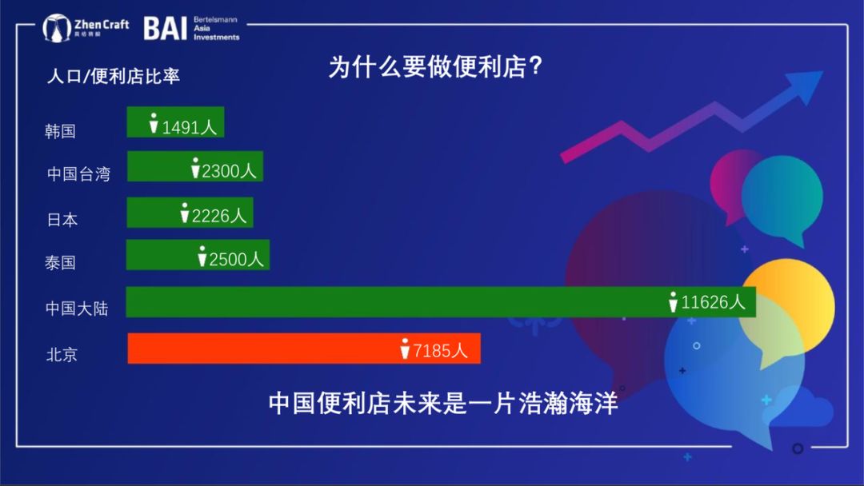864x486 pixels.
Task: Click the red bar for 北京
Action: [x=304, y=349]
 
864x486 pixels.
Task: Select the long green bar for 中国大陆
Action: [x=441, y=302]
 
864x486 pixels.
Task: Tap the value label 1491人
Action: [x=189, y=127]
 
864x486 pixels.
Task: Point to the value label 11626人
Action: [x=713, y=302]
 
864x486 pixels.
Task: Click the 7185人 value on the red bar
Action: [x=440, y=351]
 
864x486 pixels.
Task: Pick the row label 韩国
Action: [x=60, y=131]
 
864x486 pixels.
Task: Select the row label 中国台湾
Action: [x=78, y=174]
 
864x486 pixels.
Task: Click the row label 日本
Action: [x=62, y=220]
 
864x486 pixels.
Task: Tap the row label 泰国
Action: [x=60, y=262]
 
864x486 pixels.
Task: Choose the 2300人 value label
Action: [x=229, y=171]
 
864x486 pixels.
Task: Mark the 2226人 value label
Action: [x=218, y=215]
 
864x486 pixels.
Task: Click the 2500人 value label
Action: [x=236, y=259]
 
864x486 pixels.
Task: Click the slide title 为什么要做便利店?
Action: [x=435, y=66]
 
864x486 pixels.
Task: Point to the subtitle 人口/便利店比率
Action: [x=113, y=76]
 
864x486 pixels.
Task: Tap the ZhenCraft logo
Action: [x=86, y=27]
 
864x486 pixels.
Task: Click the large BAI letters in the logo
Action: [x=166, y=28]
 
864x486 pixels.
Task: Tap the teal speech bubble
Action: [x=782, y=198]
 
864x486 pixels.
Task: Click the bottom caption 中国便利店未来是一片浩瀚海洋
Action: [x=443, y=403]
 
